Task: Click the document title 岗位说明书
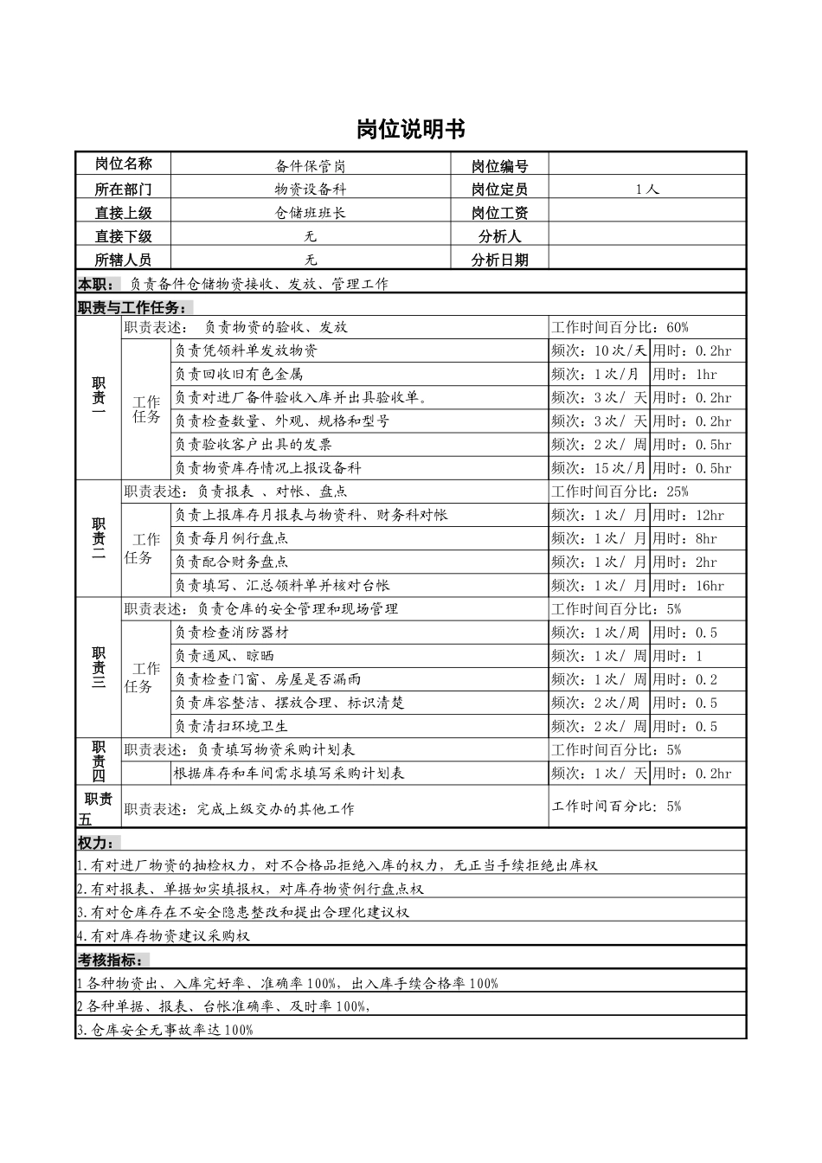pos(411,130)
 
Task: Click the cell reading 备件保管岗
pos(311,166)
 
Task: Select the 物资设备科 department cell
pos(311,190)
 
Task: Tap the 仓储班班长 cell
pos(311,213)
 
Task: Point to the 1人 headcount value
pos(646,190)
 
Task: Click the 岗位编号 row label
pos(499,166)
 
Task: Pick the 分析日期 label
pos(499,260)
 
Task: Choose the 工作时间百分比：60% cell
pos(620,327)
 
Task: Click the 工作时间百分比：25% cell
pos(620,492)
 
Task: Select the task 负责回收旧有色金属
pos(239,374)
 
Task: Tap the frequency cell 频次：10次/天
pos(599,350)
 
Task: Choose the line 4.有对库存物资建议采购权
pos(164,935)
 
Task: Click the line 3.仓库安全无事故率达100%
pos(165,1030)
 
